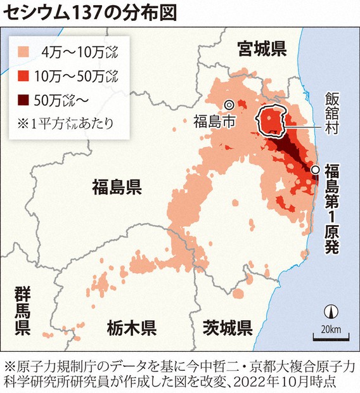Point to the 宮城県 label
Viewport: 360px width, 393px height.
point(262,47)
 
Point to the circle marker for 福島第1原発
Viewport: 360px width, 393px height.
point(315,169)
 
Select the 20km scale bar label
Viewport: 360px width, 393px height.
point(330,328)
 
